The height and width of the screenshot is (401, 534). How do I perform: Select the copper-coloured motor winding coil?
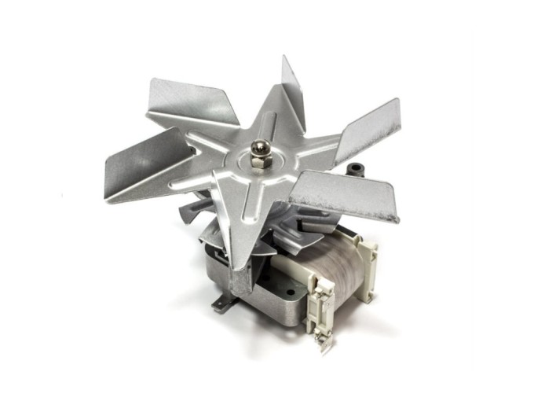point(306,259)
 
